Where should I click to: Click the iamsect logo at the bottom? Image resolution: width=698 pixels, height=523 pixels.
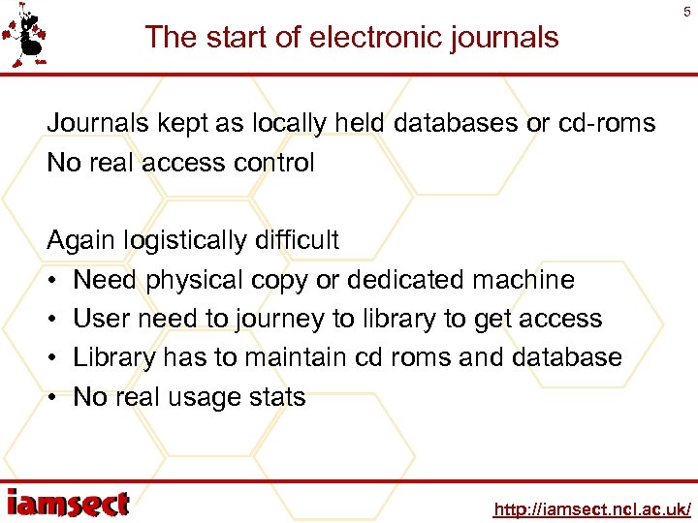point(67,504)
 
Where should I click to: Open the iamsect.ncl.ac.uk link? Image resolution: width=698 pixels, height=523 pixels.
point(591,508)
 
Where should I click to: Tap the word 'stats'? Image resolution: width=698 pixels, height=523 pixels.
point(276,397)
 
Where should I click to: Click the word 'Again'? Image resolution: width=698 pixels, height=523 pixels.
point(80,240)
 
